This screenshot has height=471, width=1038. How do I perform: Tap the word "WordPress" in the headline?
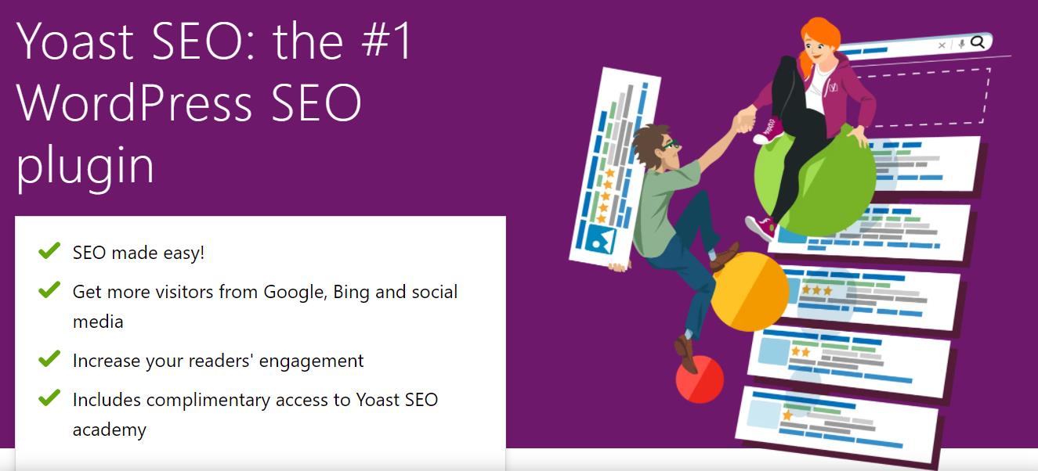pyautogui.click(x=134, y=102)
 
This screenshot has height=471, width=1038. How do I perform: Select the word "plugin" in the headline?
pyautogui.click(x=85, y=165)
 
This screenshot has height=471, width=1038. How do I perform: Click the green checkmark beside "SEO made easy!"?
pyautogui.click(x=49, y=251)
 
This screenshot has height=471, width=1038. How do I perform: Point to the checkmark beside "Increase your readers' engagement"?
pyautogui.click(x=49, y=359)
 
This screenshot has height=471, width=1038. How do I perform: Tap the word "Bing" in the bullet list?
pyautogui.click(x=351, y=292)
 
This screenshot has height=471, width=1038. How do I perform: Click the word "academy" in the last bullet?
pyautogui.click(x=109, y=430)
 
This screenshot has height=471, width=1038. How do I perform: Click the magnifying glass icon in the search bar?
pyautogui.click(x=977, y=43)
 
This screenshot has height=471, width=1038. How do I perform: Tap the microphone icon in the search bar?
pyautogui.click(x=961, y=45)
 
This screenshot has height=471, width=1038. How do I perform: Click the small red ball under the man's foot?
pyautogui.click(x=700, y=379)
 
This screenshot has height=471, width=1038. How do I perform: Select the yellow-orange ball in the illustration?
pyautogui.click(x=748, y=291)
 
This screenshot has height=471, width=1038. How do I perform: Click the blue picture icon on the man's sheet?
pyautogui.click(x=595, y=239)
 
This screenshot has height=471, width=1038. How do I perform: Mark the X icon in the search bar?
pyautogui.click(x=942, y=45)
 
